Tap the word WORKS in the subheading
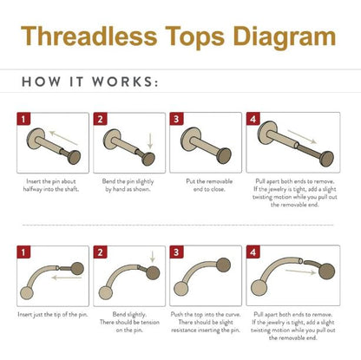[x=125, y=82]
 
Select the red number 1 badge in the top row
[x=23, y=119]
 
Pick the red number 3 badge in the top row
[x=176, y=119]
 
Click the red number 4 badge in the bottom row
[x=253, y=252]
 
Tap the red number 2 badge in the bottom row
[x=100, y=252]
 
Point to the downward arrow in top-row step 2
[x=150, y=141]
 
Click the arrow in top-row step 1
[x=63, y=138]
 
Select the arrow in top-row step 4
[x=302, y=136]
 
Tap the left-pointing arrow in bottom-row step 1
[x=67, y=278]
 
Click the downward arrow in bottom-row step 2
[x=153, y=257]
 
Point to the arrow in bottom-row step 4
[x=300, y=272]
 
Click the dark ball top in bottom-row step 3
[x=223, y=265]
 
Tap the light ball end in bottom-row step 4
[x=259, y=288]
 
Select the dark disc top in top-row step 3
[x=224, y=156]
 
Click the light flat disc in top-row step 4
[x=266, y=133]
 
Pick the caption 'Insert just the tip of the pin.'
[x=53, y=315]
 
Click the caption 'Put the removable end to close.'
[x=209, y=186]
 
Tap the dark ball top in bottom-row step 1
[x=77, y=269]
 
